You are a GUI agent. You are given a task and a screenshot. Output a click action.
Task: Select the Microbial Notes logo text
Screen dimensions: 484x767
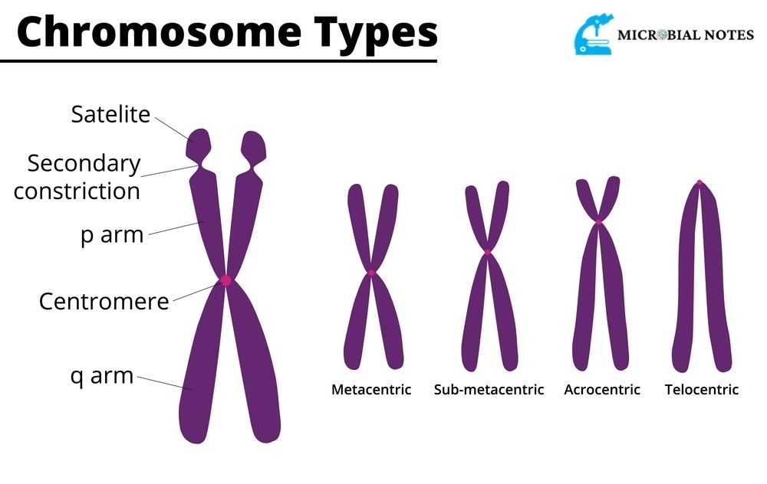[x=685, y=35]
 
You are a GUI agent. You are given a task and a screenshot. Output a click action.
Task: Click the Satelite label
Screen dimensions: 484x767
[x=110, y=114]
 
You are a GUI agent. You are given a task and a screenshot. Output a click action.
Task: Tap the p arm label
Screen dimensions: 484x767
[x=112, y=234]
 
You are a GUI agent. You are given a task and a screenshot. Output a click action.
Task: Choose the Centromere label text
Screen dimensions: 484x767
[x=104, y=301]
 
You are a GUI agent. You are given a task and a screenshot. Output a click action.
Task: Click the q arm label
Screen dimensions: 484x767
[x=101, y=376]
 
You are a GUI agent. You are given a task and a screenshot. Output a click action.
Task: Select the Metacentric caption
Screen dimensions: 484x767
[x=371, y=390]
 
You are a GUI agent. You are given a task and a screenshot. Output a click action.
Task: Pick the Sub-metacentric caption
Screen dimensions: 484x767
[x=489, y=390]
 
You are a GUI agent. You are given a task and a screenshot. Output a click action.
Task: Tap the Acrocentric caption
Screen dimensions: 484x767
[x=602, y=390]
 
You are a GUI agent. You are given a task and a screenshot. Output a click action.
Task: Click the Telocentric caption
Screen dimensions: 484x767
[x=702, y=390]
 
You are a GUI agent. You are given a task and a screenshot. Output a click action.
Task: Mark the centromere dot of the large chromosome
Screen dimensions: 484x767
[x=225, y=280]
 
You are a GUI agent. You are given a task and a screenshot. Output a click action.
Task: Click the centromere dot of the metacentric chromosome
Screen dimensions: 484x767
[x=371, y=273]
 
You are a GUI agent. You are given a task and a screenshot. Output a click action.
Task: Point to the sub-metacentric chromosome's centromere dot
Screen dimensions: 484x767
[x=487, y=252]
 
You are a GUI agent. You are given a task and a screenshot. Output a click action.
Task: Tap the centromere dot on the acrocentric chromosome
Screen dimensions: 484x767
[x=599, y=221]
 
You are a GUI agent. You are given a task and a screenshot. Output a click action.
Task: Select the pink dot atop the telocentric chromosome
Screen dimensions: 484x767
[x=700, y=183]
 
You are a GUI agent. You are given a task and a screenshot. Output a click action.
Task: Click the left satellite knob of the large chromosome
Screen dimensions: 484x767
[x=199, y=143]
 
